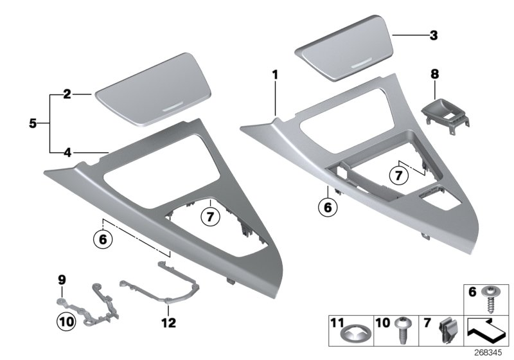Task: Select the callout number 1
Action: coord(275,75)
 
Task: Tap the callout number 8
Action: coord(434,75)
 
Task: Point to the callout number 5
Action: coord(33,123)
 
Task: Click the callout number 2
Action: coord(67,94)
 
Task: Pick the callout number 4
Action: coord(67,152)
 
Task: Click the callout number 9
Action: coord(62,280)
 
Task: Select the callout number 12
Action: coord(168,323)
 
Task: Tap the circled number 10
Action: coord(66,321)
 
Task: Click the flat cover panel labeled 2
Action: coord(153,89)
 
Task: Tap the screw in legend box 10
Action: coord(403,330)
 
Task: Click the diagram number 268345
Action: coord(488,353)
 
